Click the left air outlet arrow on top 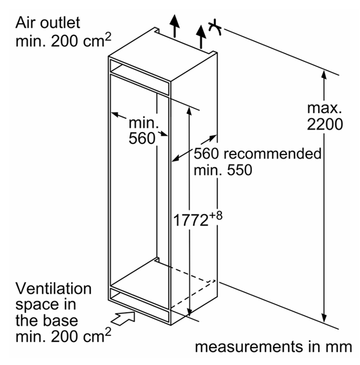pos(174,26)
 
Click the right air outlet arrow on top pos(201,37)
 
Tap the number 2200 pos(325,124)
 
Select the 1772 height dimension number pos(191,220)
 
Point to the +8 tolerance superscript pos(216,216)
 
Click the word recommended pos(273,153)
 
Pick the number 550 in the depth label pos(240,170)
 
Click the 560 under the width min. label pos(142,138)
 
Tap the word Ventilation pos(53,289)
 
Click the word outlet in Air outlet pos(60,22)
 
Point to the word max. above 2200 pos(324,108)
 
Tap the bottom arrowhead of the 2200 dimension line pos(324,318)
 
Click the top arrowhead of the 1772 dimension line pos(189,111)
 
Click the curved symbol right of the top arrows pos(215,27)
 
